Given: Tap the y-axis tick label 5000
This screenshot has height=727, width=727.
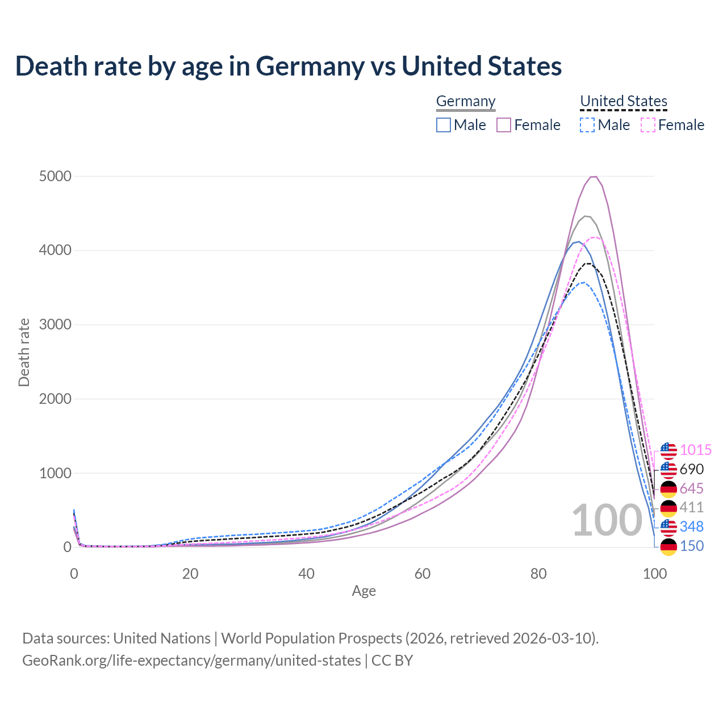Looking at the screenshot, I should (55, 177).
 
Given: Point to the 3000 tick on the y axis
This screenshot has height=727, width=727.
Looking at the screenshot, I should (55, 325).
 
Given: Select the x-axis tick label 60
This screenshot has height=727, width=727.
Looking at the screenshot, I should (422, 574).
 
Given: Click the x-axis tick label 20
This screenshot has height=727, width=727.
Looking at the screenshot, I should (190, 574).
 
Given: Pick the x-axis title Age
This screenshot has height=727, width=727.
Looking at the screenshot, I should (363, 591).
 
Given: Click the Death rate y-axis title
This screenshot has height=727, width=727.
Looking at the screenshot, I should (24, 353).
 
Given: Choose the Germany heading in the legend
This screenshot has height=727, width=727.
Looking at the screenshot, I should (466, 101).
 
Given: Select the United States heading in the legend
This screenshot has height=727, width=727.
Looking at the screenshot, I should (623, 101).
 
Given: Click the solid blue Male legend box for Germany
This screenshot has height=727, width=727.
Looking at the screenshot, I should (444, 125).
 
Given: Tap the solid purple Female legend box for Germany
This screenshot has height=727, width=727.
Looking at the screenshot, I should (504, 125).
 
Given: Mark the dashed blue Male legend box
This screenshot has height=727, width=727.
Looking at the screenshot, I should (587, 125).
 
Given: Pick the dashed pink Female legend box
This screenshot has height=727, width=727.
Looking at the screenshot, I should (648, 125).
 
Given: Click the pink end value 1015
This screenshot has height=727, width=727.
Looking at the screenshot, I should (695, 450).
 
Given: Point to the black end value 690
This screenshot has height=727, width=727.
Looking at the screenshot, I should (691, 470).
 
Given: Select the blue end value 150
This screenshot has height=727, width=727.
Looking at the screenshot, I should (691, 546).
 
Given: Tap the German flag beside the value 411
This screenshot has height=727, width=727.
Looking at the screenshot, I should (668, 508).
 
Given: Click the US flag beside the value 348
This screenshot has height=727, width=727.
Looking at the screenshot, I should (668, 527).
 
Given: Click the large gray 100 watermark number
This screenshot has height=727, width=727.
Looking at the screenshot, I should (607, 520).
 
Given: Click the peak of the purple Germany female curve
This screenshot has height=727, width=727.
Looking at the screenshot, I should (594, 177).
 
